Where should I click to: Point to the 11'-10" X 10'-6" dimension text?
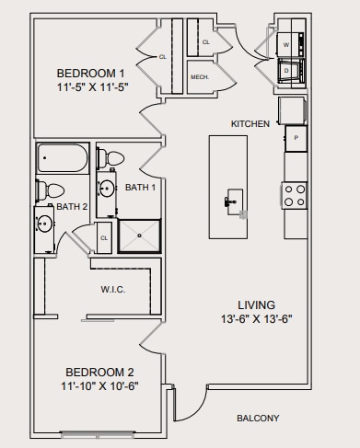(x=99, y=385)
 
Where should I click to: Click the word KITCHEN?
(x=250, y=123)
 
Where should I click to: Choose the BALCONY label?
(x=258, y=419)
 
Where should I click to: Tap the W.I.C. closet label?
(x=113, y=289)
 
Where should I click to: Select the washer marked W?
(x=286, y=43)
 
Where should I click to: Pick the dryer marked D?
(x=286, y=70)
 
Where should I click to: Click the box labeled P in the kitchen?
(x=296, y=138)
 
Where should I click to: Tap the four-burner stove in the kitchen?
(x=294, y=195)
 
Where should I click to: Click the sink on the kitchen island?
(x=233, y=199)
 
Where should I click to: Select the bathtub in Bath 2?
(x=64, y=158)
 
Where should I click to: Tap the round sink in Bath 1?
(x=107, y=190)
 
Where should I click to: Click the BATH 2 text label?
(x=72, y=207)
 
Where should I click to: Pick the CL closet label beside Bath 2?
(x=104, y=237)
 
